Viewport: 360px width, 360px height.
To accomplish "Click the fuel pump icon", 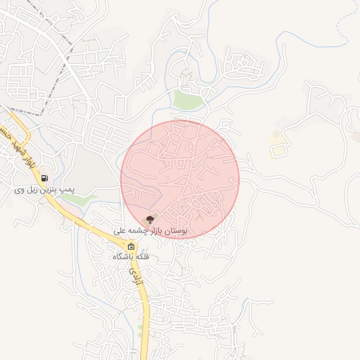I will [46, 178].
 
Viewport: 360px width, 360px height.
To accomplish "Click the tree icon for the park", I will [150, 219].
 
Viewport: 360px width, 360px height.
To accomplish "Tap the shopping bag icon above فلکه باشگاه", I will [131, 246].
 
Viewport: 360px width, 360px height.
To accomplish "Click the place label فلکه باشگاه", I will [131, 257].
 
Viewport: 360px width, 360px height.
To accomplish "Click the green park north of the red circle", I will [188, 101].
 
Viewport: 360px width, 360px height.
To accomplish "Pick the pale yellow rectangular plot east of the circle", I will [279, 150].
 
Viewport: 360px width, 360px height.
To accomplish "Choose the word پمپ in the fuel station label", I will [66, 190].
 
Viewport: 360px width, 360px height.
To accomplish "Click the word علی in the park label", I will [121, 231].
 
